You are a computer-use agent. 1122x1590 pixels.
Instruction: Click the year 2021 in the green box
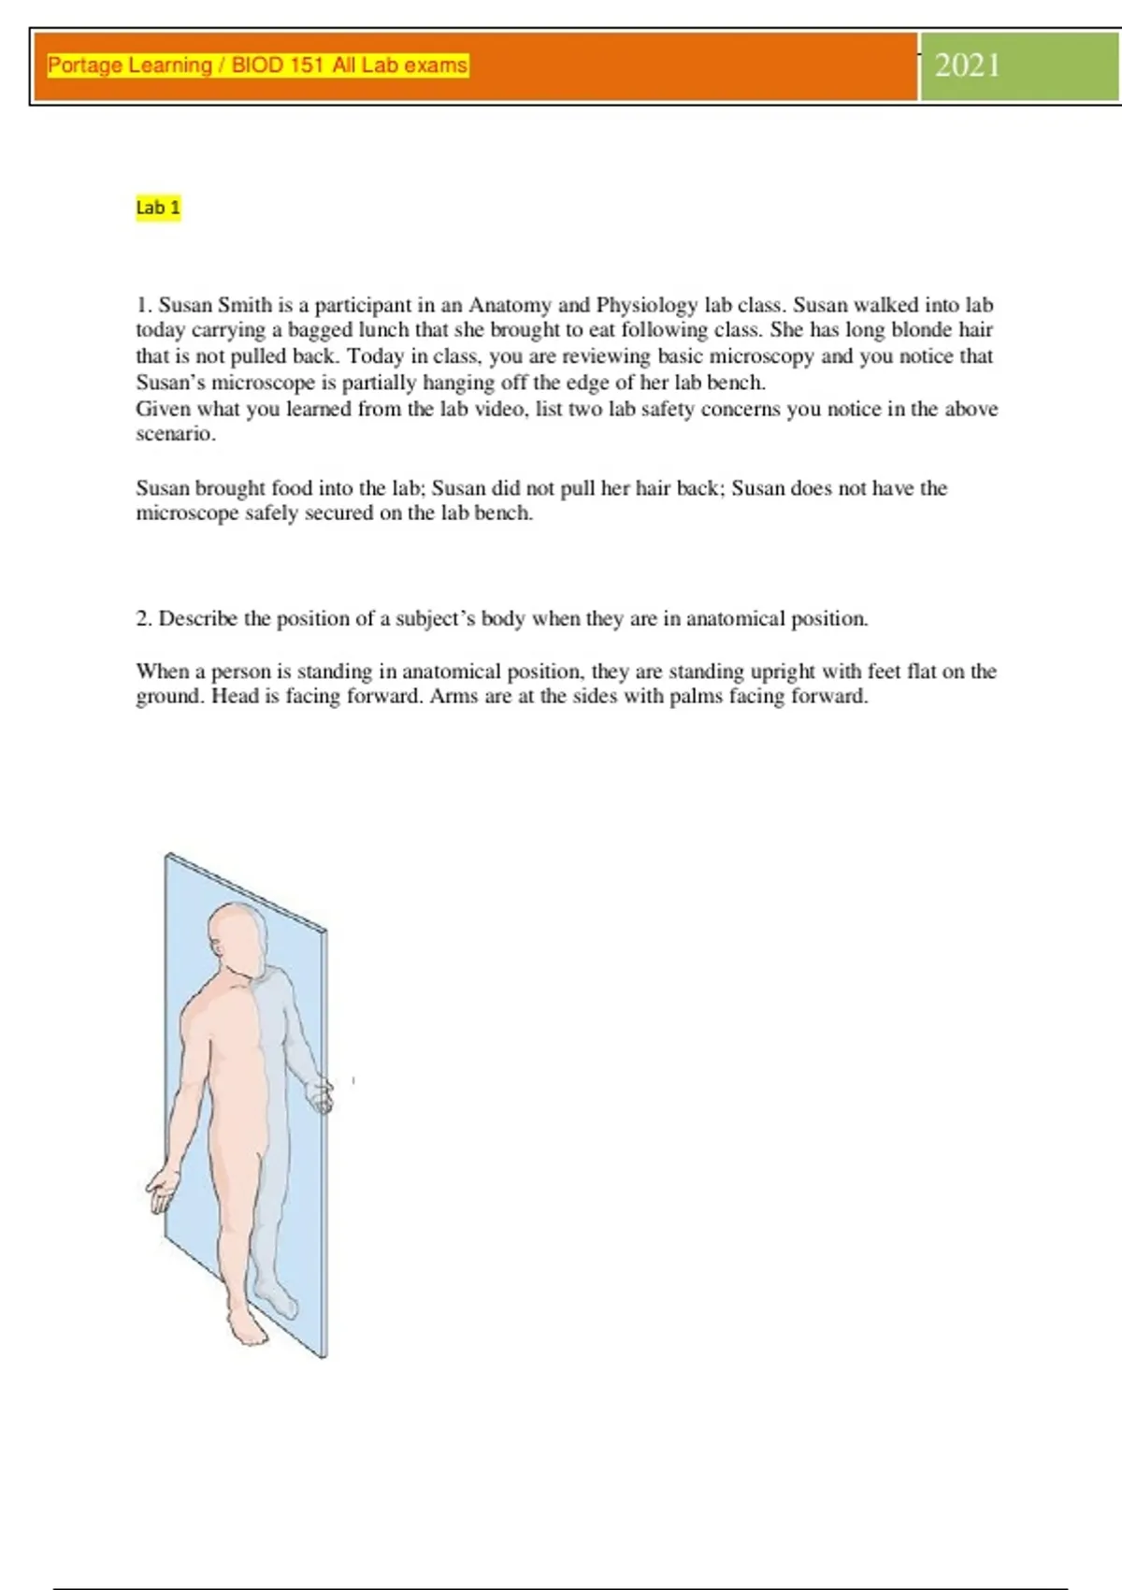(x=968, y=65)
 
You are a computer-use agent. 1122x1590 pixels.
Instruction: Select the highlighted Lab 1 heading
(x=158, y=208)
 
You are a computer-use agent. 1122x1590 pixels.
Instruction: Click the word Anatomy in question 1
(x=510, y=305)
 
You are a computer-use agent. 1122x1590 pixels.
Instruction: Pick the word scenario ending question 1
(x=175, y=434)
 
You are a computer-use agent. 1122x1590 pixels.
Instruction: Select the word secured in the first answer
(x=340, y=513)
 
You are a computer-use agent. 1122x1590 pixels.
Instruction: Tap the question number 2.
(x=144, y=619)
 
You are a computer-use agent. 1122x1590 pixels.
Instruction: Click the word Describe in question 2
(x=198, y=619)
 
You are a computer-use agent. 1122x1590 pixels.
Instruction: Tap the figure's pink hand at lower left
(x=164, y=1190)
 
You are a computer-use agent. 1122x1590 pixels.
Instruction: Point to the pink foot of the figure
(x=246, y=1323)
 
